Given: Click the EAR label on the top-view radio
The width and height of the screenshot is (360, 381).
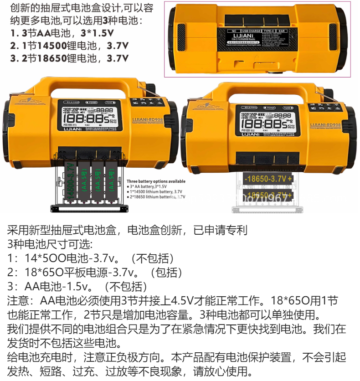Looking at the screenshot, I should point(294,31).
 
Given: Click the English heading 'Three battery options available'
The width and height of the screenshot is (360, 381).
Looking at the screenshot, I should point(156,181).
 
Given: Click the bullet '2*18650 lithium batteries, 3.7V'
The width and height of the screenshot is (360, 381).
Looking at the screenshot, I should point(157,197).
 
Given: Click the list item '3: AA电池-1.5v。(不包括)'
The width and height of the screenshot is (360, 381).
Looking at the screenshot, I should point(77,286).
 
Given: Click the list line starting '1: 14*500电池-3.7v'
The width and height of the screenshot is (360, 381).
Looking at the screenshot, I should point(91,258).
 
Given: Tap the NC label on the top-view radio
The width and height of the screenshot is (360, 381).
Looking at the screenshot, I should point(231,31).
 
